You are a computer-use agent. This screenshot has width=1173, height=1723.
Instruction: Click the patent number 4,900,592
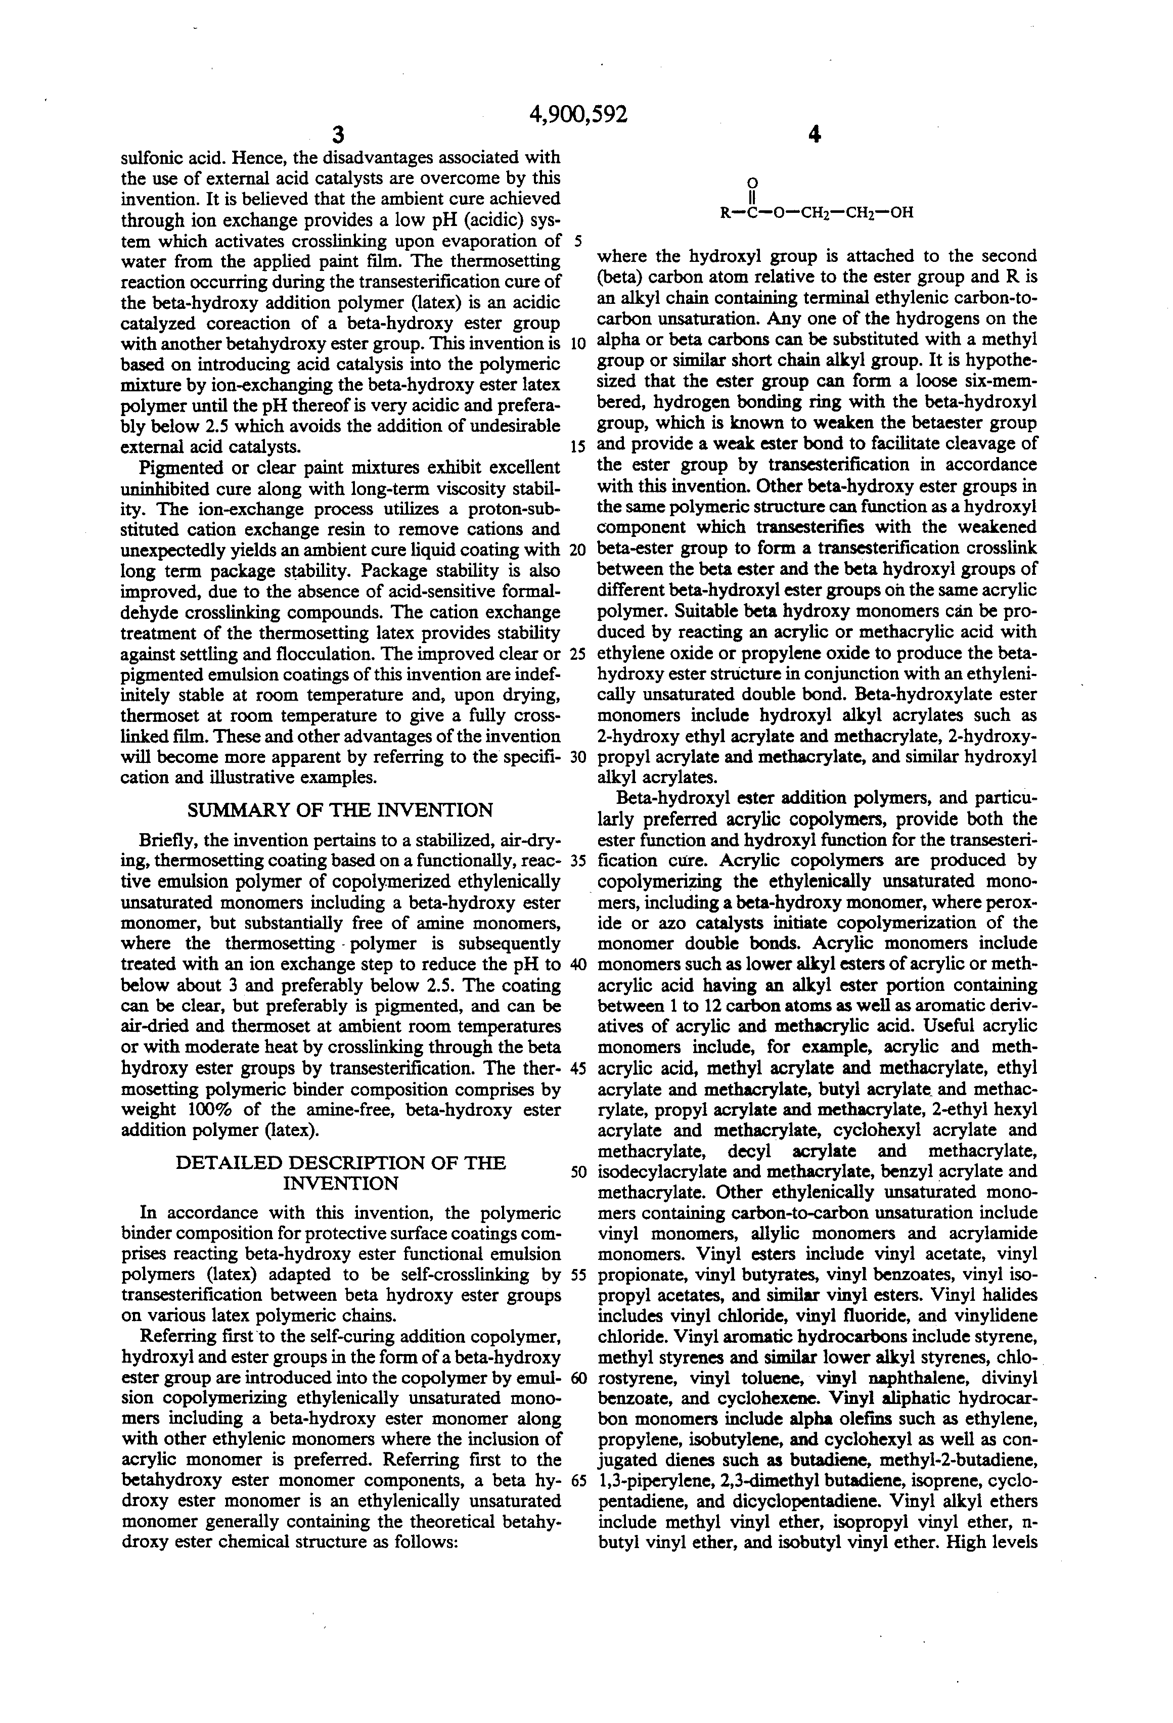click(x=578, y=115)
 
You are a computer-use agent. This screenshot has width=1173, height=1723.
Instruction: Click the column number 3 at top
click(x=338, y=135)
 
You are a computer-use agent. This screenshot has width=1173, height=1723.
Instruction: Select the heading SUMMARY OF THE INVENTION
click(x=340, y=810)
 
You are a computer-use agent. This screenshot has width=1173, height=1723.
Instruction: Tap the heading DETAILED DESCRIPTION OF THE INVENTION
click(x=340, y=1173)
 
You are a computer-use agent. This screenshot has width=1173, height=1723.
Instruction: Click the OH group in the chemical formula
click(x=901, y=213)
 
